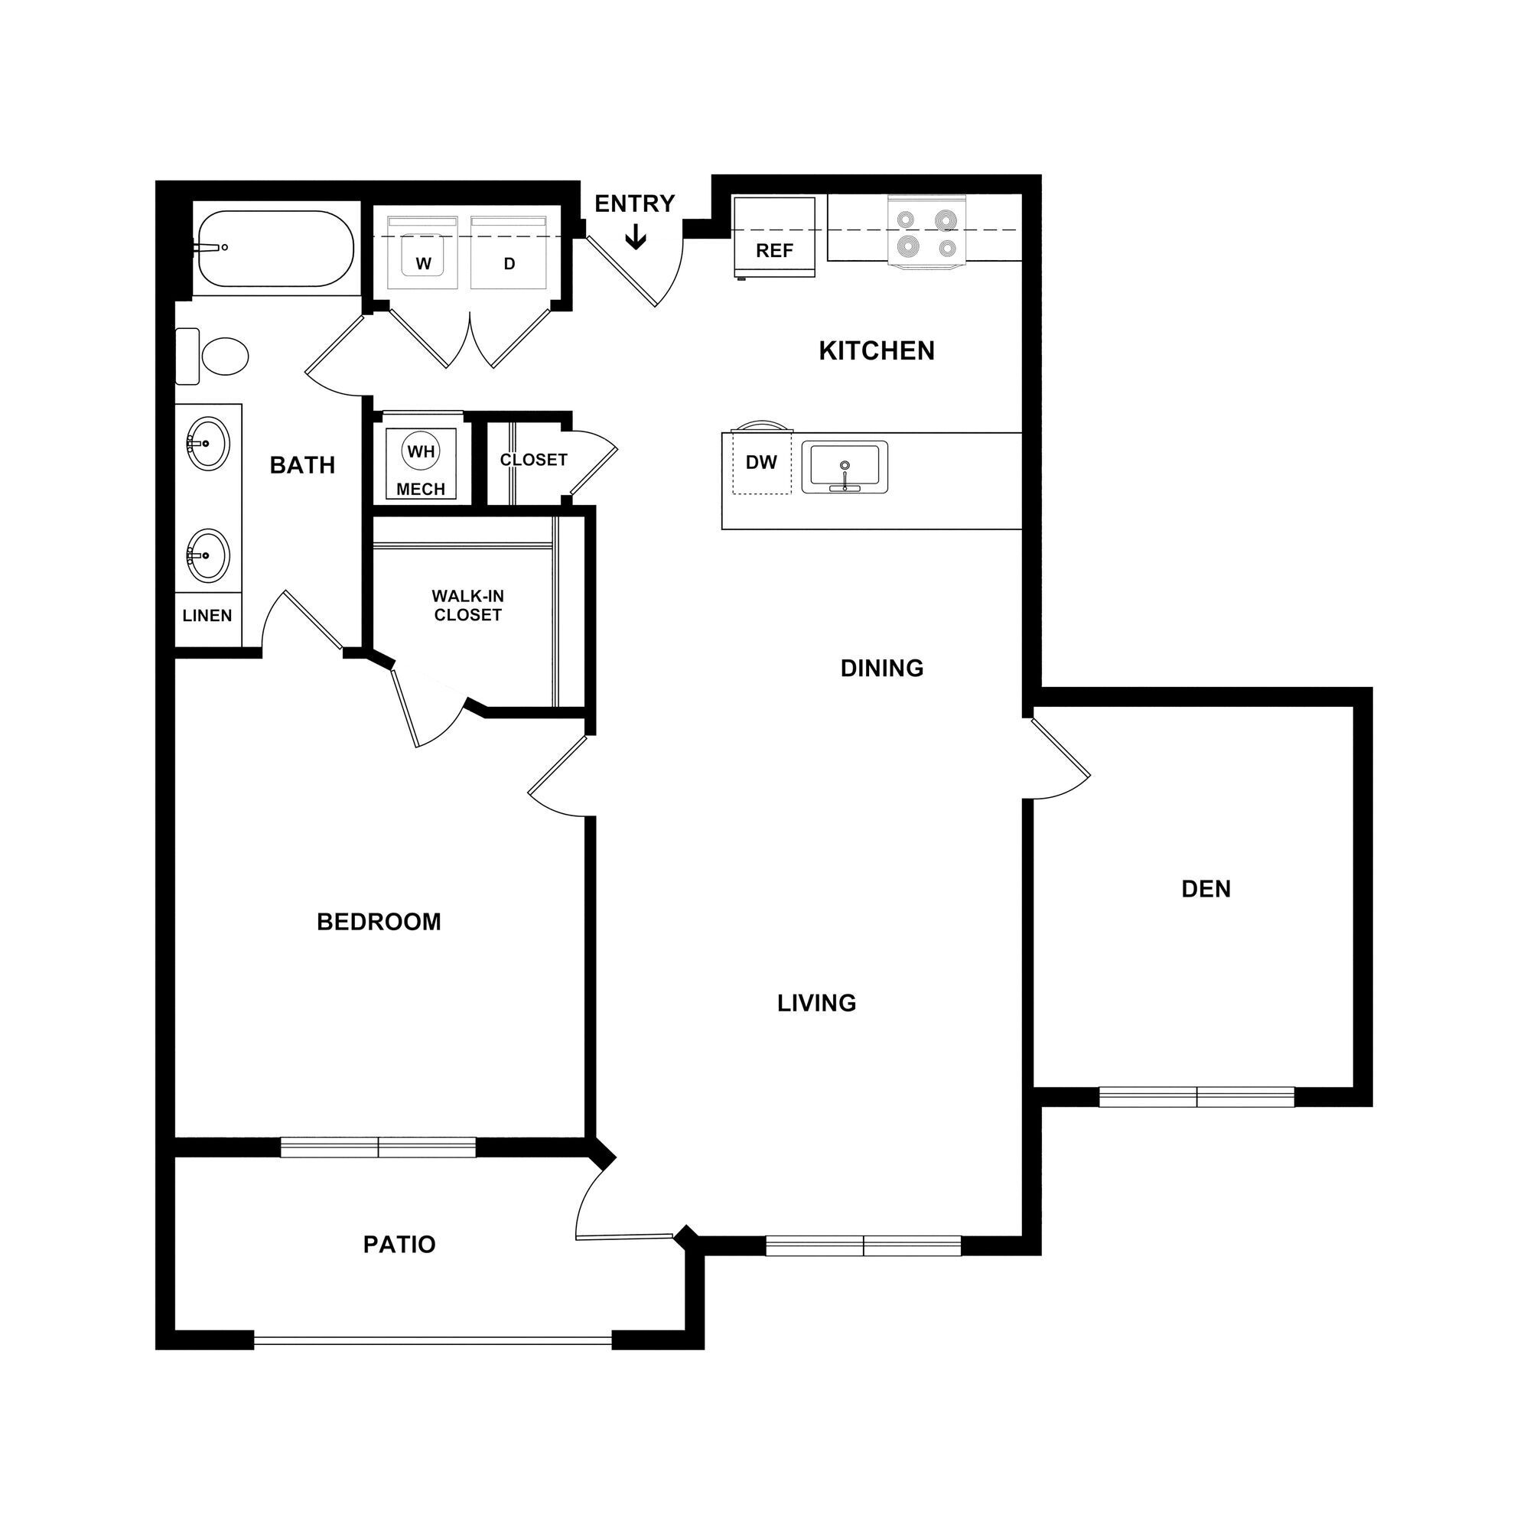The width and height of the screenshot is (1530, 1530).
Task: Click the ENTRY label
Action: (634, 204)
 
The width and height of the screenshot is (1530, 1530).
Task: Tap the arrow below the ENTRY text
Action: (635, 238)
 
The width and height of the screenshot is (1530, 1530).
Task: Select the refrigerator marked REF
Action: (774, 238)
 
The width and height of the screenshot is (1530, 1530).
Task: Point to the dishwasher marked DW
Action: (761, 463)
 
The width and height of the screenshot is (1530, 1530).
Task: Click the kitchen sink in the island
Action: (845, 467)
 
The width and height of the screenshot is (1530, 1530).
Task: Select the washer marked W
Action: (423, 254)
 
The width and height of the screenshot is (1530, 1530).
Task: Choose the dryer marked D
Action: (509, 254)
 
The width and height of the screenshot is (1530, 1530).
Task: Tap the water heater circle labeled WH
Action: (421, 451)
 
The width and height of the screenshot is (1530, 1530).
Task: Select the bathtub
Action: (274, 248)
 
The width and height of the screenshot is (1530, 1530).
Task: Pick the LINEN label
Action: (207, 615)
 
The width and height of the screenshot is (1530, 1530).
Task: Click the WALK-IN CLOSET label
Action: (468, 605)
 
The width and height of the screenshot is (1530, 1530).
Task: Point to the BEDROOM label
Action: (379, 922)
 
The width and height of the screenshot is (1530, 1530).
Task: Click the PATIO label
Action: (399, 1244)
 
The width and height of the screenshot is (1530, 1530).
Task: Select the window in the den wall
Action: (1196, 1097)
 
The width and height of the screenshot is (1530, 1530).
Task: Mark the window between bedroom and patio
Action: (379, 1147)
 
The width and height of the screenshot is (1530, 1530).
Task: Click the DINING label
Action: (882, 669)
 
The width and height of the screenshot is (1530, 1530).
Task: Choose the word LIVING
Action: (816, 1004)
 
